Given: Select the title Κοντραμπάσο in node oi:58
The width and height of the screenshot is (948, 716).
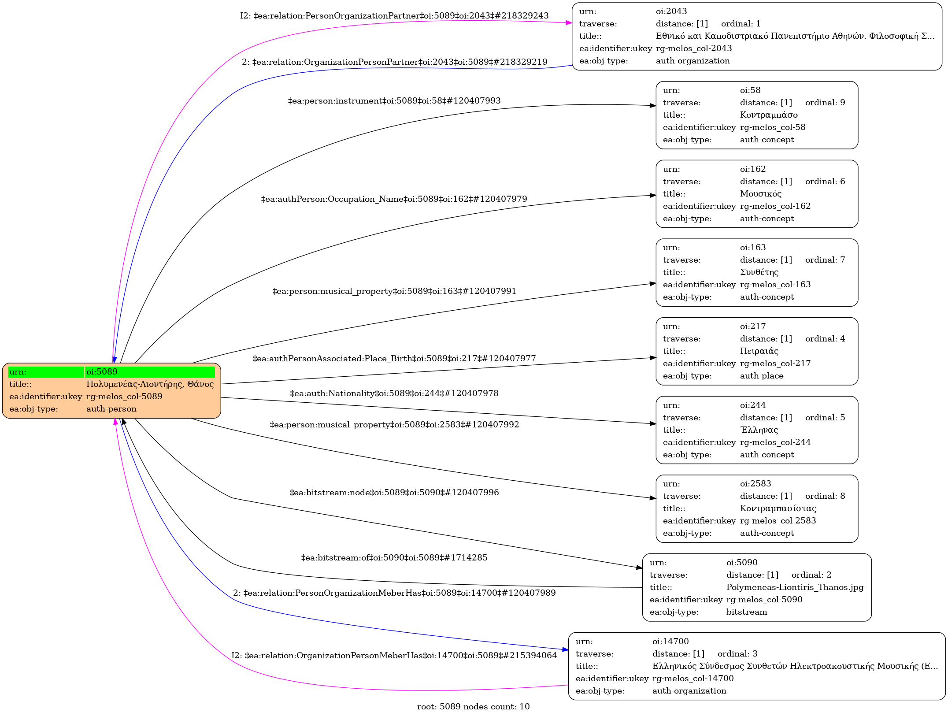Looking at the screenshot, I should (x=769, y=115).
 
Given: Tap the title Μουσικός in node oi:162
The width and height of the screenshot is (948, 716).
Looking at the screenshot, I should (x=761, y=194).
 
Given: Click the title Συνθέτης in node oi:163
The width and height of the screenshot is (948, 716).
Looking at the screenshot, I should (x=759, y=272).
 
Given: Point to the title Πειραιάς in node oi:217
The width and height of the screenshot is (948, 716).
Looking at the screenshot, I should (x=759, y=351).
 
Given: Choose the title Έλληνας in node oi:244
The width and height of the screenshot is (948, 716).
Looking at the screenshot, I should (x=759, y=430).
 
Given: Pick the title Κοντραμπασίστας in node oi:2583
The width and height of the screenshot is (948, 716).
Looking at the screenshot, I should (x=778, y=508).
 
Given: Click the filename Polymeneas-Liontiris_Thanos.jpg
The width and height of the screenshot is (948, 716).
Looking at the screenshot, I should (x=795, y=587).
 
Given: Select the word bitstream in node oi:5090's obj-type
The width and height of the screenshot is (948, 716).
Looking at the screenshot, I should (x=747, y=612).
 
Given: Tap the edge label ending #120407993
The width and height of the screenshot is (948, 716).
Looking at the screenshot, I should (x=394, y=101).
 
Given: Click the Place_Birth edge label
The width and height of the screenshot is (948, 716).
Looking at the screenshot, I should (x=394, y=359).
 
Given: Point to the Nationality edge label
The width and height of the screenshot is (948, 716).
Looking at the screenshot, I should (x=394, y=393).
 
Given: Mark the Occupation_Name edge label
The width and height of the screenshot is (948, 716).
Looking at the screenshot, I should (x=394, y=199).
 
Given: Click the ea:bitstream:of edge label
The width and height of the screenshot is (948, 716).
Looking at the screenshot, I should (x=394, y=558).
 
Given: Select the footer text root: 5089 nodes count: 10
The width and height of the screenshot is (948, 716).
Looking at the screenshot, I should (x=473, y=707).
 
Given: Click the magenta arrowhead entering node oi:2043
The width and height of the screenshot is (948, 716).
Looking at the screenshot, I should (x=569, y=22).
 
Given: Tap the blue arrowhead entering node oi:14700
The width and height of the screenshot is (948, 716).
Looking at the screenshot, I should (x=565, y=649).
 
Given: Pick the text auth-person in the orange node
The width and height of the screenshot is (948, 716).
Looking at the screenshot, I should (x=111, y=409).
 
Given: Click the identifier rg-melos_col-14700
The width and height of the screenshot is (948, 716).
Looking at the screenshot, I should (x=693, y=679).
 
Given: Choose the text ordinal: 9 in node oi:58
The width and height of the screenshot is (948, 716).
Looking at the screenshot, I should (x=825, y=103).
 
